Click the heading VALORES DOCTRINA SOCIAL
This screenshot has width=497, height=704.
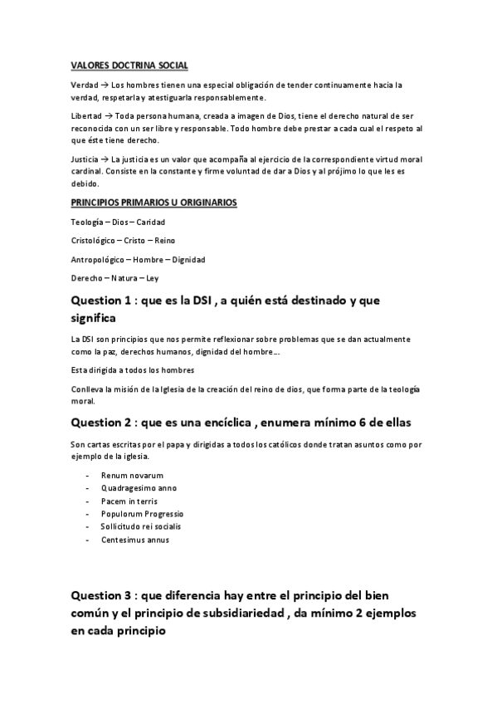129,64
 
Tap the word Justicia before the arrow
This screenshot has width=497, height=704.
86,159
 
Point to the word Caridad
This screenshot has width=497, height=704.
151,222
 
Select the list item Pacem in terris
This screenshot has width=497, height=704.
129,501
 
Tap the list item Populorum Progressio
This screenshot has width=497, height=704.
143,514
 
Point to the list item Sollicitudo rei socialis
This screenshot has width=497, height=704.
141,526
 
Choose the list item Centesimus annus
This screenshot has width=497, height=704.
134,540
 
